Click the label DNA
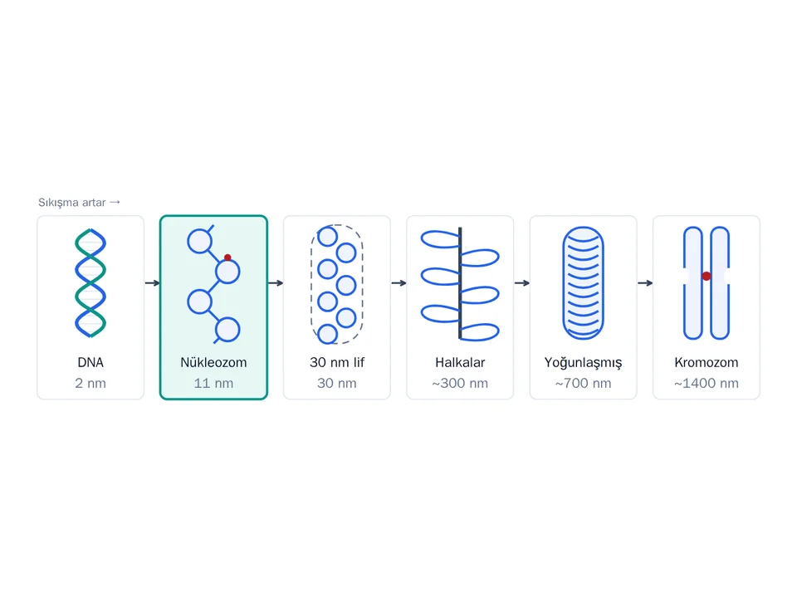point(90,363)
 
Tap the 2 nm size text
point(90,384)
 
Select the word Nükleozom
point(213,363)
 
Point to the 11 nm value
point(213,384)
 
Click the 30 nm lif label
point(337,363)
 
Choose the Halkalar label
point(460,363)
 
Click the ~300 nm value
point(460,384)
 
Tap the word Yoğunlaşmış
point(583,363)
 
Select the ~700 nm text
point(583,384)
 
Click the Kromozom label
point(707,363)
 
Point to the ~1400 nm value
point(707,384)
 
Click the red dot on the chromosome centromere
point(707,276)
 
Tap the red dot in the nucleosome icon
point(227,257)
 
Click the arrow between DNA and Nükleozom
point(153,282)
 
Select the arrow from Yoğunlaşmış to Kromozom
point(645,282)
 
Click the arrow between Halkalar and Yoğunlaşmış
point(522,282)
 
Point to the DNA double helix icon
point(90,282)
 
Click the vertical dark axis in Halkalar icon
point(460,282)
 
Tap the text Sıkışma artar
point(72,203)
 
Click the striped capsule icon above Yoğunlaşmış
point(583,282)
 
